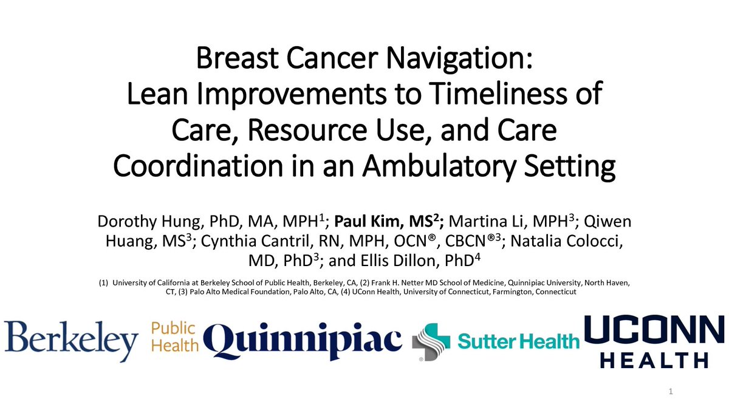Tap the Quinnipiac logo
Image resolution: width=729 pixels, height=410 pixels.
pos(303,341)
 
